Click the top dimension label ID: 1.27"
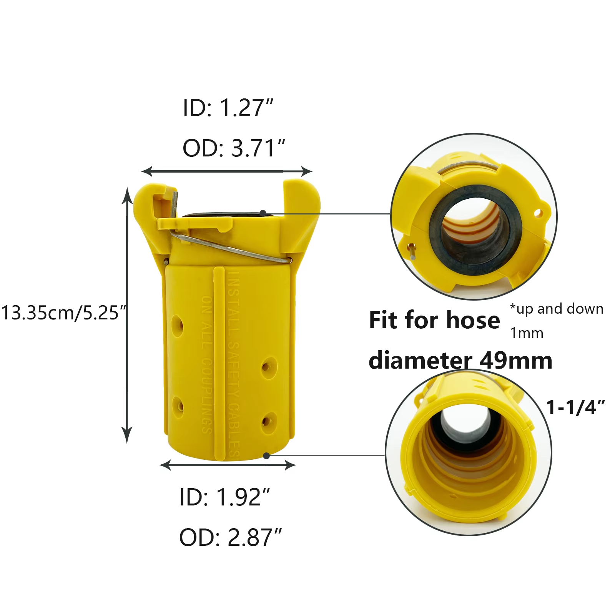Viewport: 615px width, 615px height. [228, 108]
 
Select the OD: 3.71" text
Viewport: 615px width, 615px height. [234, 148]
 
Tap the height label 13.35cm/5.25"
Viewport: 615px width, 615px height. [64, 312]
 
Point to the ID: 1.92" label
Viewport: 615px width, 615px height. [225, 497]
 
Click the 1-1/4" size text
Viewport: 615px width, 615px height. [575, 407]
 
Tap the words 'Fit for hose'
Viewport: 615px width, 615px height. [434, 320]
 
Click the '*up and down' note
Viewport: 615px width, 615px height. [557, 309]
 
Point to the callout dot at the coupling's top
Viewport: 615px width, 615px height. [263, 213]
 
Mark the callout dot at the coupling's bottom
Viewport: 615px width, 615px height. [266, 456]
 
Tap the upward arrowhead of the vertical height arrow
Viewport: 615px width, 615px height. [127, 194]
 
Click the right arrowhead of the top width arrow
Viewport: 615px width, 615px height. [307, 171]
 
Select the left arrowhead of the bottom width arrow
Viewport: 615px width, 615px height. [166, 465]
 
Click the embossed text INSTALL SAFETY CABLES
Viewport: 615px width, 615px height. [234, 361]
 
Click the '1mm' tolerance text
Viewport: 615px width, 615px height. [527, 333]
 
